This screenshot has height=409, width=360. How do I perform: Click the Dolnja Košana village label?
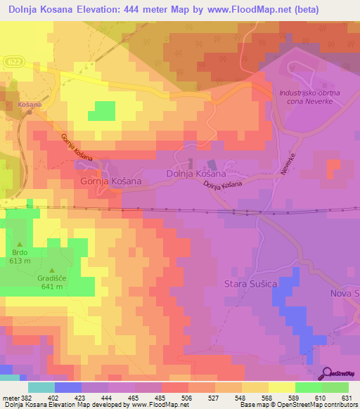tap(195, 173)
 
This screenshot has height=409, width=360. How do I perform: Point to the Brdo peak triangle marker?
tap(19, 245)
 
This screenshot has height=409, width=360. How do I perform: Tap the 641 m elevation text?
tap(52, 286)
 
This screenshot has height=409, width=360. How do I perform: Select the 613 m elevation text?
tap(19, 260)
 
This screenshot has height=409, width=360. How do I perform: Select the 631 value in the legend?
tap(347, 398)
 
